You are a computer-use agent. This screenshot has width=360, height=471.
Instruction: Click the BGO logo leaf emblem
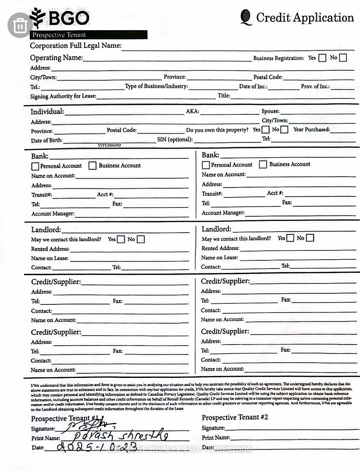[38, 17]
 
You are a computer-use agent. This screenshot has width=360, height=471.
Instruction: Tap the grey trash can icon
[20, 25]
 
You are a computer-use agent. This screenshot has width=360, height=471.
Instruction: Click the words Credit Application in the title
[305, 17]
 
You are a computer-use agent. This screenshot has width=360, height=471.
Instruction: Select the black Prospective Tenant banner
[89, 35]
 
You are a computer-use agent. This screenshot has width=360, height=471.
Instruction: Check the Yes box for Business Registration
[322, 58]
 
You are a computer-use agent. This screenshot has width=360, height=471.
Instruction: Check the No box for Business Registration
[343, 58]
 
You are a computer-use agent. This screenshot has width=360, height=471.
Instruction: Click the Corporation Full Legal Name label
[75, 45]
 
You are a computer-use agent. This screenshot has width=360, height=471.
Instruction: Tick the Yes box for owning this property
[265, 130]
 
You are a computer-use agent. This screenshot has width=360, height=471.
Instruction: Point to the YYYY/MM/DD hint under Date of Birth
[109, 145]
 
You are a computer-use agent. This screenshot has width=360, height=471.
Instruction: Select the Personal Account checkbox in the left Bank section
[35, 166]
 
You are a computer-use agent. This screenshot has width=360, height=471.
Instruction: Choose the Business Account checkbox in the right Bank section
[263, 164]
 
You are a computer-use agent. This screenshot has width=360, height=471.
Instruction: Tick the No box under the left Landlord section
[141, 239]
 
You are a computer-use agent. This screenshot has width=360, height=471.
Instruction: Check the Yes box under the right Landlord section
[290, 238]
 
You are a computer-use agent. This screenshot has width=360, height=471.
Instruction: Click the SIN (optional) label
[175, 140]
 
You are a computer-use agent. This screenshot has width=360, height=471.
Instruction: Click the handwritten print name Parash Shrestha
[119, 435]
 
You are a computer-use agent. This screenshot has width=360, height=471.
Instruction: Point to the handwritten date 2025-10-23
[96, 447]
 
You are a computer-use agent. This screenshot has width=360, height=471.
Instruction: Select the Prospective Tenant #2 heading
[235, 417]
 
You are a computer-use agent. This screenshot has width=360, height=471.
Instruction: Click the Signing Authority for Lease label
[63, 96]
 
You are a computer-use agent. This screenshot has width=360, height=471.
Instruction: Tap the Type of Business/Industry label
[156, 86]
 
